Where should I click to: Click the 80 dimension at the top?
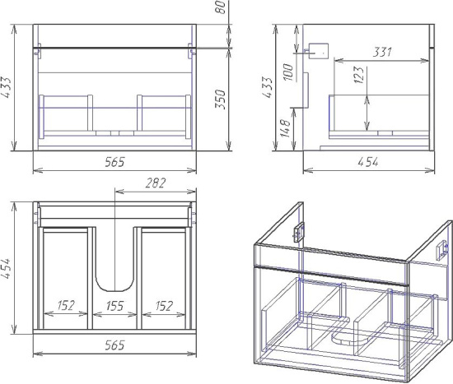221,7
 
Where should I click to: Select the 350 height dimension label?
221,99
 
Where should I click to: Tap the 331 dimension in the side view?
382,52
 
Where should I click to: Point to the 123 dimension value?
358,75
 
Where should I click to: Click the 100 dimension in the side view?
288,72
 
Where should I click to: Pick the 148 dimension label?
285,128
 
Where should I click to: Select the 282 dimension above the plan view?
156,183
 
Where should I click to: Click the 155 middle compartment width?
114,306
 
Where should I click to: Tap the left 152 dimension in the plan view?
66,305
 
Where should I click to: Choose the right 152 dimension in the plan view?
164,306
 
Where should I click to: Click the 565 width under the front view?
114,162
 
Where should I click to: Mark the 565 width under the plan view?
114,345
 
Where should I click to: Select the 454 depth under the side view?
368,162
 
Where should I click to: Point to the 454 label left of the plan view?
7,268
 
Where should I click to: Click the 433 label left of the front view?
7,87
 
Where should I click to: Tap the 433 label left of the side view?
268,87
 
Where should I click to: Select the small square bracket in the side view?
319,51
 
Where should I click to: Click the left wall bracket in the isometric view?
298,232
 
